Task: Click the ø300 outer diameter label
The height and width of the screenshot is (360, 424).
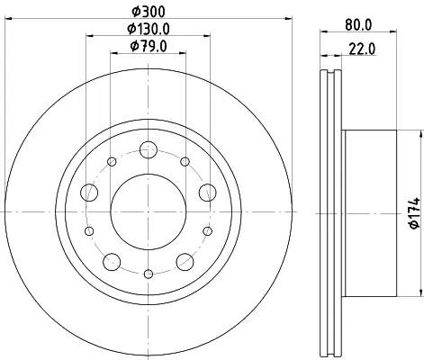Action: click(149, 12)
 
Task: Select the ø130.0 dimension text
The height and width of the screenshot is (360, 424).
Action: click(149, 29)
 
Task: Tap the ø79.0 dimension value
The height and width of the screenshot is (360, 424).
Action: click(149, 47)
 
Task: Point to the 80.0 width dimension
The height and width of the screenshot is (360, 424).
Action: click(358, 25)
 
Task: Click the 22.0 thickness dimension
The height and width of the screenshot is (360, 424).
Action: click(362, 49)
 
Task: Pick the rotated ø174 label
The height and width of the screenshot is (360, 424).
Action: click(415, 213)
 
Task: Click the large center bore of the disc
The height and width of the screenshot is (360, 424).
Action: click(149, 211)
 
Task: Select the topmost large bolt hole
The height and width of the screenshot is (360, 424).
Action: click(149, 149)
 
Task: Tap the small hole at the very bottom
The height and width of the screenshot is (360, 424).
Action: click(149, 274)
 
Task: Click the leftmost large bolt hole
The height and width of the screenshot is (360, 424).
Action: click(89, 193)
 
